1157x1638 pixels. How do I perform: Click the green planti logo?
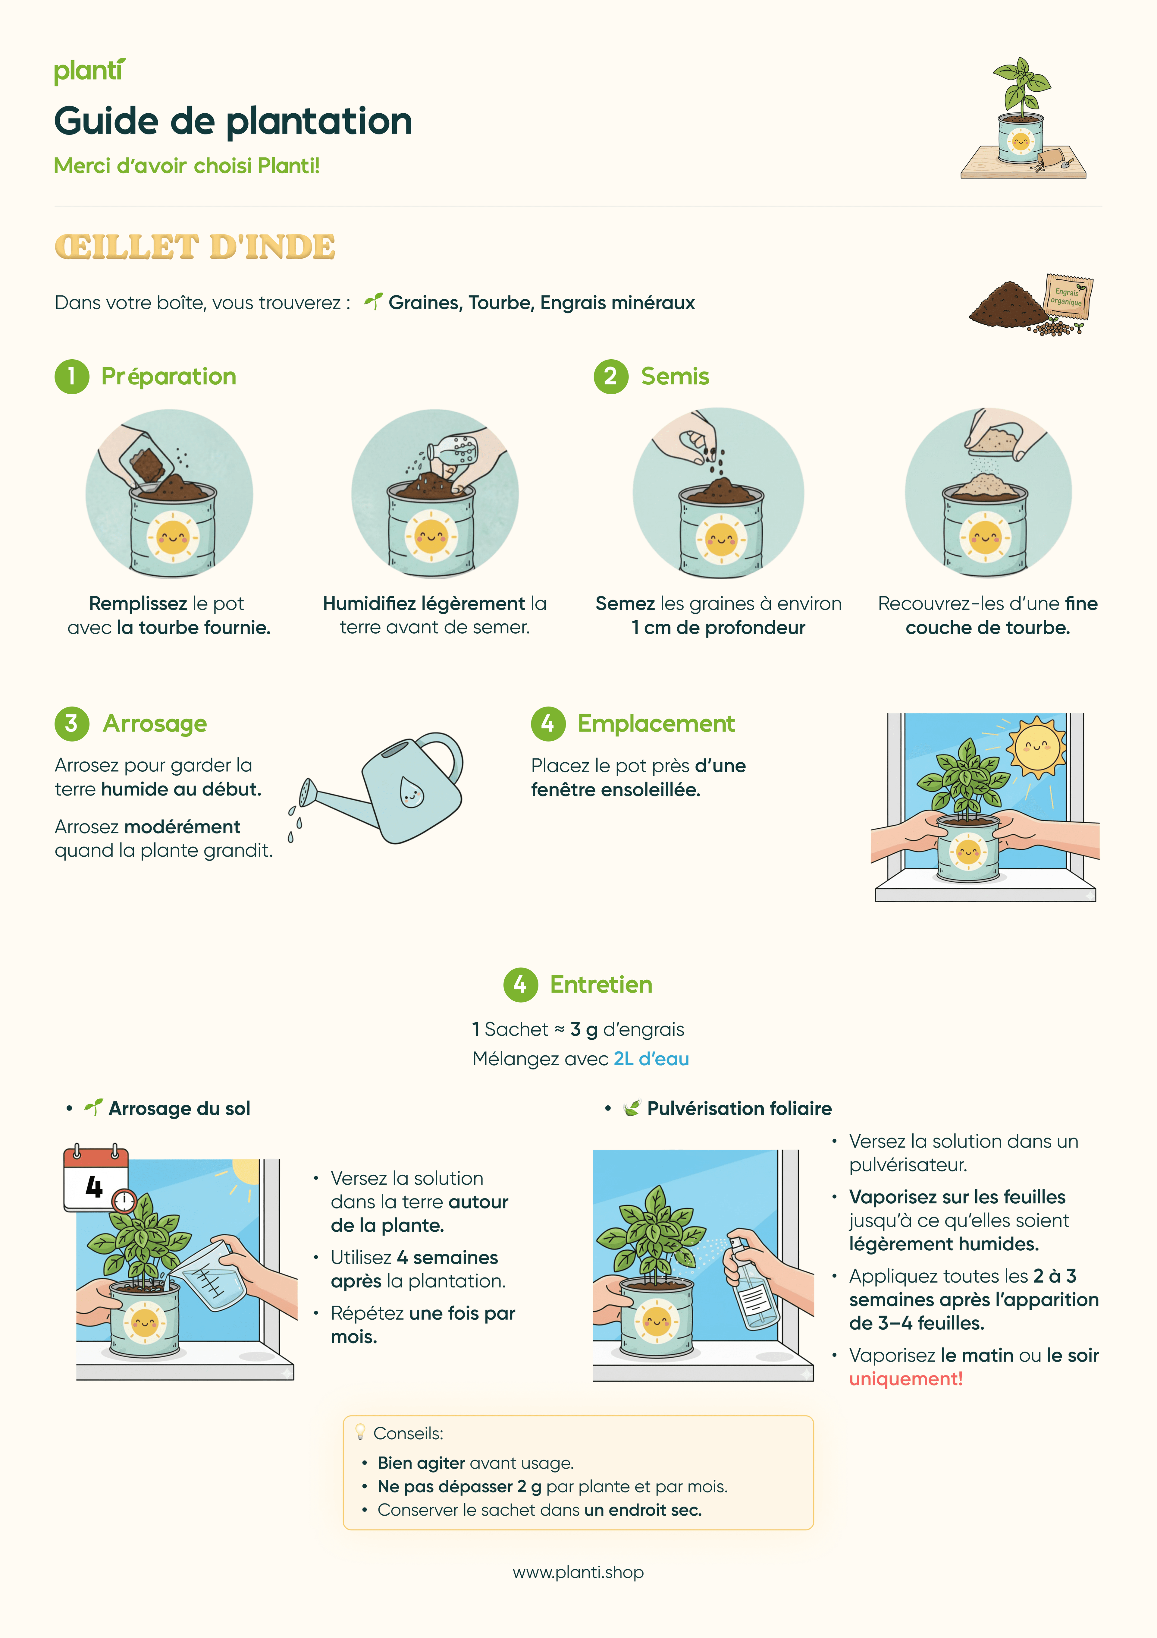tap(89, 71)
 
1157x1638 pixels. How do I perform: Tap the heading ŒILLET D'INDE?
tap(195, 247)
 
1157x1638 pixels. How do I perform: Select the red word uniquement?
tap(906, 1379)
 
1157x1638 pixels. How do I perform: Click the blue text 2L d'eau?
tap(651, 1059)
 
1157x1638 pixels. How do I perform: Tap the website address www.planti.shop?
tap(578, 1572)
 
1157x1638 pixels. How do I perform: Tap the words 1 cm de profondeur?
tap(718, 628)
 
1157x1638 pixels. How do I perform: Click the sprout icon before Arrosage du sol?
tap(93, 1107)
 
